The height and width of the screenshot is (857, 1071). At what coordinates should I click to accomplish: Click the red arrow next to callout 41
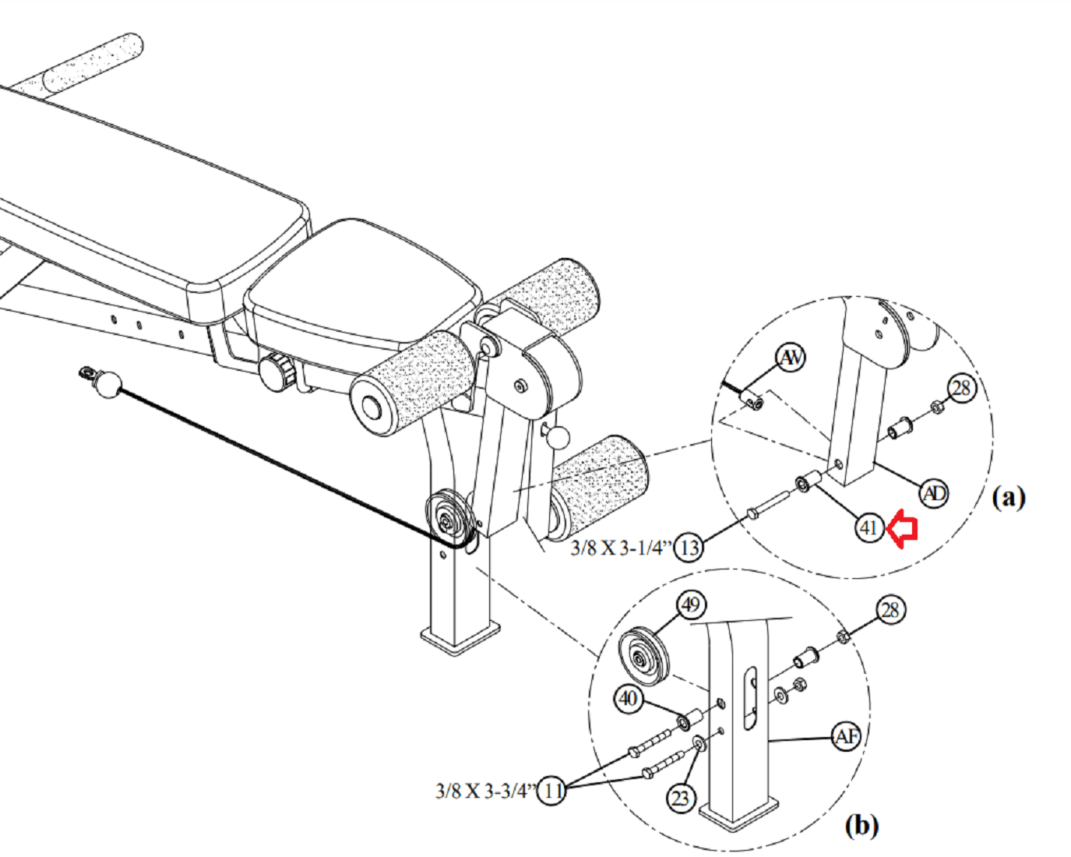(x=902, y=528)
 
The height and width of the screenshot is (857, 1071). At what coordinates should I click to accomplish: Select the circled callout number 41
(x=869, y=528)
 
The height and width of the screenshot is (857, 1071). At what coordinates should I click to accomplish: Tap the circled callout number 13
(x=690, y=548)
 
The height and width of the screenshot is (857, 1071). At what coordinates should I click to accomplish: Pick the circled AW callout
(x=791, y=358)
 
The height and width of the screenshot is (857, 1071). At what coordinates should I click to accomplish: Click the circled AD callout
(x=934, y=493)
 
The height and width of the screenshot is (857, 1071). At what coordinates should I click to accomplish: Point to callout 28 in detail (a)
(x=963, y=388)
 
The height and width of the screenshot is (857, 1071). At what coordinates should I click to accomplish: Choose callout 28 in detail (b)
(x=891, y=610)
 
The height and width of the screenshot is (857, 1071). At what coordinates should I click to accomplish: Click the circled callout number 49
(x=691, y=605)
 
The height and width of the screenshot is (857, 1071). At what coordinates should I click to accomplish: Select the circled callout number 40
(x=628, y=699)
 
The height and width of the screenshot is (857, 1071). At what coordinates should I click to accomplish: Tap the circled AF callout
(x=846, y=736)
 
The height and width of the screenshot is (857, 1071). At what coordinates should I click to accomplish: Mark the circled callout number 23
(x=680, y=799)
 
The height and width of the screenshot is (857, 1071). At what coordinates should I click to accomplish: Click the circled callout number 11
(x=552, y=790)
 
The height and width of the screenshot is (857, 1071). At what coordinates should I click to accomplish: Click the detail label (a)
(x=1009, y=498)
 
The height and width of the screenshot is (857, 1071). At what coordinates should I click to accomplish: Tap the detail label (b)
(x=861, y=826)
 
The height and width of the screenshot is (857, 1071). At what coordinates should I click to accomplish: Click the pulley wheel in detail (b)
(x=643, y=658)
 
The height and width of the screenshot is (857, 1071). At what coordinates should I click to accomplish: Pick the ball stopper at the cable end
(x=108, y=384)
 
